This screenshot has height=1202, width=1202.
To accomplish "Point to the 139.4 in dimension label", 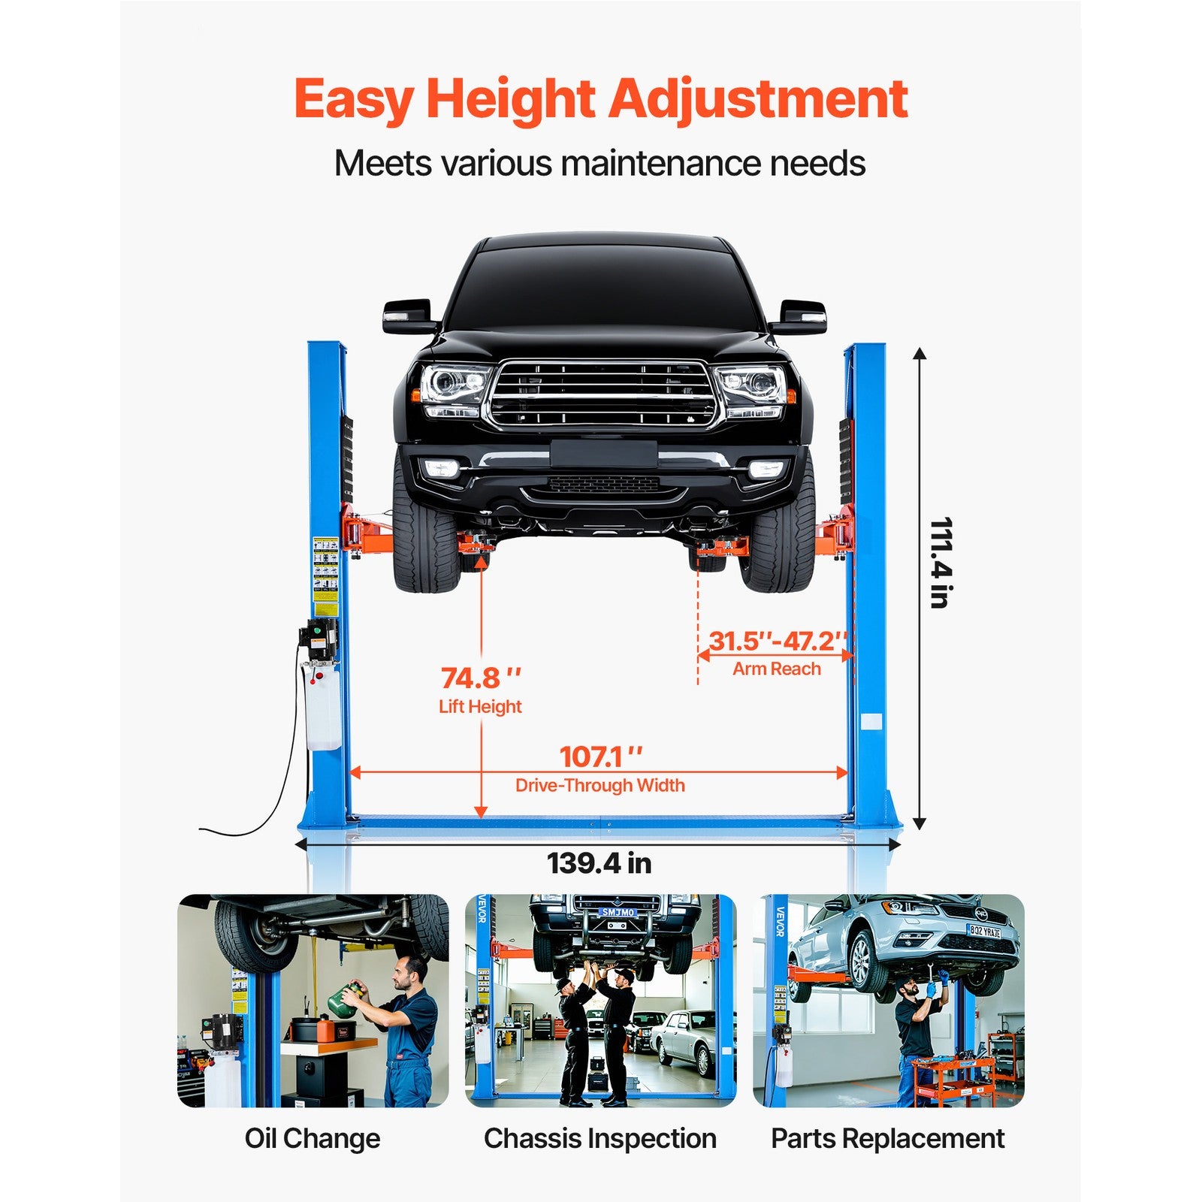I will coord(599,863).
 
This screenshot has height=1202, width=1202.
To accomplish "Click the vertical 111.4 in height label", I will coord(940,563).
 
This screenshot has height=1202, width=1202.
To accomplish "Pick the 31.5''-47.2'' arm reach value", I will coord(778,641).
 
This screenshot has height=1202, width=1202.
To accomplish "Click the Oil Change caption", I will coord(313,1138).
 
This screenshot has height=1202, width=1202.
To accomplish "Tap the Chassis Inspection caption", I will coord(599,1138).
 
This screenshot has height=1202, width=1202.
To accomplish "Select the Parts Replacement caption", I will coord(887,1138).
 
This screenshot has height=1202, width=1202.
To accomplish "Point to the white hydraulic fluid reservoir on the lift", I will coord(322,706).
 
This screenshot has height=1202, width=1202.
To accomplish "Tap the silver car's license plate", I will coord(984,932).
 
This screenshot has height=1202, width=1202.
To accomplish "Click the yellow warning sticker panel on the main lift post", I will coord(325,575).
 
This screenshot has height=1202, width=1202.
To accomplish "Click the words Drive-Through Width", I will coord(599,785).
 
